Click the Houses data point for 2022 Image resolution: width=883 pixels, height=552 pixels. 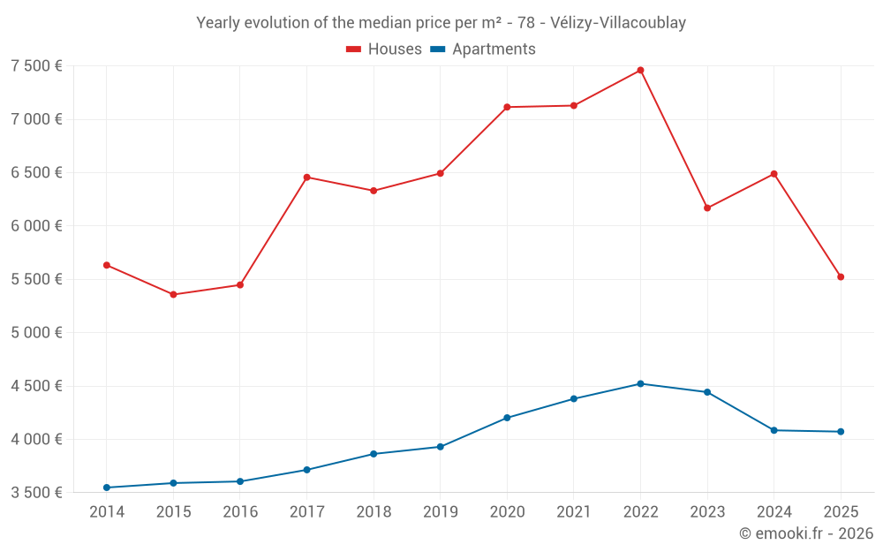pyautogui.click(x=640, y=71)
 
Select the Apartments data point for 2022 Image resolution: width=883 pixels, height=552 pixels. pyautogui.click(x=640, y=383)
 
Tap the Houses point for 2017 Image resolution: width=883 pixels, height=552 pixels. pyautogui.click(x=306, y=178)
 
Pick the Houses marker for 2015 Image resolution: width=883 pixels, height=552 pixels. pyautogui.click(x=173, y=294)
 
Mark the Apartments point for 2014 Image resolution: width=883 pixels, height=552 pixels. pyautogui.click(x=107, y=488)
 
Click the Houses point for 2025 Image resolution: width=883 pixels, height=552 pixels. pyautogui.click(x=841, y=277)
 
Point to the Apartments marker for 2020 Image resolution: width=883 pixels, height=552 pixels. pyautogui.click(x=507, y=418)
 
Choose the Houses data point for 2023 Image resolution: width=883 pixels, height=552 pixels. pyautogui.click(x=707, y=208)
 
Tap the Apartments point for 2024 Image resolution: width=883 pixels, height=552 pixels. pyautogui.click(x=774, y=430)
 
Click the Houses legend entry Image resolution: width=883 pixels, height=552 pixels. pyautogui.click(x=384, y=49)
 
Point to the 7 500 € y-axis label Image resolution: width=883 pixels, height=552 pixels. pyautogui.click(x=36, y=66)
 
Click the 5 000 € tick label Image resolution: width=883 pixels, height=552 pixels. pyautogui.click(x=36, y=333)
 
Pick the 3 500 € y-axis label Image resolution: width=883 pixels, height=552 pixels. pyautogui.click(x=36, y=493)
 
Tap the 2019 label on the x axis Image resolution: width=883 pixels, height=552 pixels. pyautogui.click(x=440, y=512)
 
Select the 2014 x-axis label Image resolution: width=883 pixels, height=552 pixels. pyautogui.click(x=107, y=512)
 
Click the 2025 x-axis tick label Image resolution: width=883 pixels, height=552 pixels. pyautogui.click(x=841, y=512)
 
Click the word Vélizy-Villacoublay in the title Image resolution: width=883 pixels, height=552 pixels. pyautogui.click(x=617, y=23)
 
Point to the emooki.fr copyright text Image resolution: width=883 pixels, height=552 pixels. pyautogui.click(x=806, y=533)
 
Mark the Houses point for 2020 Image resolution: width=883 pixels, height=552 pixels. pyautogui.click(x=507, y=107)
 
